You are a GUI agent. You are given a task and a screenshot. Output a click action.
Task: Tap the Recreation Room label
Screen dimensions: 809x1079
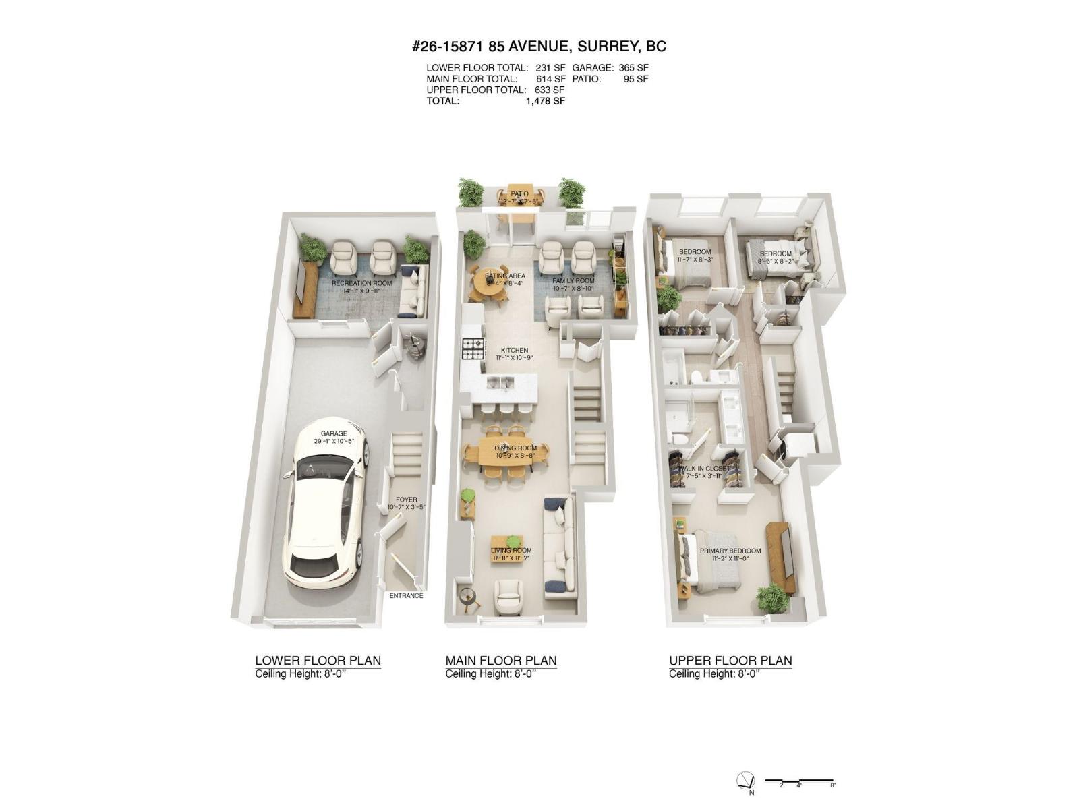(361, 283)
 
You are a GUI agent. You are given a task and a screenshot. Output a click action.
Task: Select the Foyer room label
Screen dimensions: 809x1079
(406, 500)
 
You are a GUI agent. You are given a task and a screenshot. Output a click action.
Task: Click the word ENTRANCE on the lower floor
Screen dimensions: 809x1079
(406, 595)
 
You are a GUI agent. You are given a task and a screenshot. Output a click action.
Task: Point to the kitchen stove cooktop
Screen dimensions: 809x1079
(473, 349)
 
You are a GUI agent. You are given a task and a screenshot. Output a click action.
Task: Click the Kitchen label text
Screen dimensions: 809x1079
(515, 350)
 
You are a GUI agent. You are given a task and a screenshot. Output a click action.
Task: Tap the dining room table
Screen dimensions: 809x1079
(515, 454)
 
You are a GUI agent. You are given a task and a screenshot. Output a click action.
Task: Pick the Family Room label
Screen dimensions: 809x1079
(573, 281)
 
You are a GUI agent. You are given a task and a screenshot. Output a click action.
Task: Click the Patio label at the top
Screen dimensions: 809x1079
(519, 194)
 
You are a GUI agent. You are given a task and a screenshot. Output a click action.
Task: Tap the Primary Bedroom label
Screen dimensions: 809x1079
(730, 551)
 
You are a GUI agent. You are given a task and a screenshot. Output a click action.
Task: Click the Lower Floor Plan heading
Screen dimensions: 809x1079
(318, 661)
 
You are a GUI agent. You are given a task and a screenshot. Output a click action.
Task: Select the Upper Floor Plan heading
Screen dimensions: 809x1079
(730, 661)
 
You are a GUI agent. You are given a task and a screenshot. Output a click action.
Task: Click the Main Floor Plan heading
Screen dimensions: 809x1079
(501, 661)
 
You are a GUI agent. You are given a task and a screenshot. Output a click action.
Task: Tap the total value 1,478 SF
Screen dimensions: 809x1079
(545, 101)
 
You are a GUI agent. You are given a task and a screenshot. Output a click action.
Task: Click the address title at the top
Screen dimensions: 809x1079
(539, 47)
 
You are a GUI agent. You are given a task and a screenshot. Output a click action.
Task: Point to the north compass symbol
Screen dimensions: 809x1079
(745, 780)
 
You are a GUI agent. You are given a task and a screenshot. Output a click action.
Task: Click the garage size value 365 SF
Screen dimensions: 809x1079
(633, 68)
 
